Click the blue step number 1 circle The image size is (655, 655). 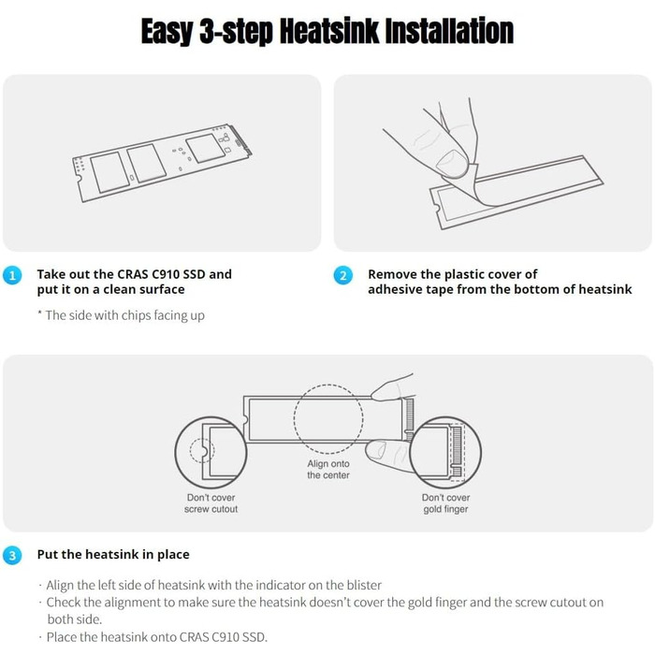click(x=12, y=276)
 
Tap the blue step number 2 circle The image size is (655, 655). click(x=343, y=276)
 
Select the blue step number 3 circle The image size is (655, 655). click(x=12, y=556)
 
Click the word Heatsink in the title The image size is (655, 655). click(x=329, y=31)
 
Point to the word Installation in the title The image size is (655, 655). click(x=449, y=31)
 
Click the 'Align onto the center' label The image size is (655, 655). click(x=328, y=470)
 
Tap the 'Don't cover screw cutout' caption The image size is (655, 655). click(x=211, y=503)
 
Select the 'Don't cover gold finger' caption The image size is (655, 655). click(x=445, y=503)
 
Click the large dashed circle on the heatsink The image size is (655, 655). click(x=328, y=385)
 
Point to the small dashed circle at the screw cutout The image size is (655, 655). click(x=202, y=439)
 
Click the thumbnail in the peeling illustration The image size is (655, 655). click(x=452, y=164)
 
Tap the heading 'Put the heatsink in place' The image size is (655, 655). click(x=113, y=554)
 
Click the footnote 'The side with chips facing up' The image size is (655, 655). click(x=121, y=315)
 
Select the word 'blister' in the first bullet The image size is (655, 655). click(x=364, y=585)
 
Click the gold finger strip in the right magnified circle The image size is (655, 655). click(x=457, y=452)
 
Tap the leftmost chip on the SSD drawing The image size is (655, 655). click(x=109, y=172)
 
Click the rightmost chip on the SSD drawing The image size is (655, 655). click(x=205, y=148)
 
